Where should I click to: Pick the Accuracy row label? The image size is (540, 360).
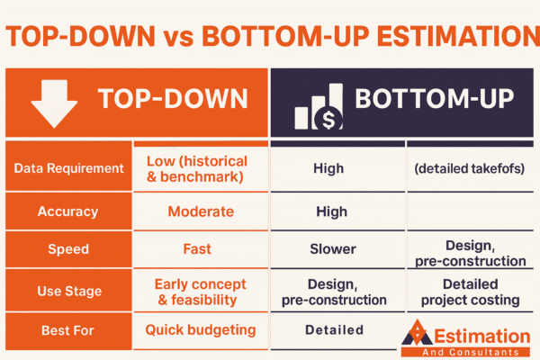click(67, 211)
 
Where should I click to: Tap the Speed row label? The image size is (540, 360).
click(68, 249)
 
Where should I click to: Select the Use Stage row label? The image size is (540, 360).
click(68, 291)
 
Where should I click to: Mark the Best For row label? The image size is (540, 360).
click(68, 330)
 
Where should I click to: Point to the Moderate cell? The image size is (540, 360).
click(200, 211)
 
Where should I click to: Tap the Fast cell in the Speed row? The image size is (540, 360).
click(200, 248)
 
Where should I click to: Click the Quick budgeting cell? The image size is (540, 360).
click(200, 329)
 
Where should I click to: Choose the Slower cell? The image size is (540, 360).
click(334, 248)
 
